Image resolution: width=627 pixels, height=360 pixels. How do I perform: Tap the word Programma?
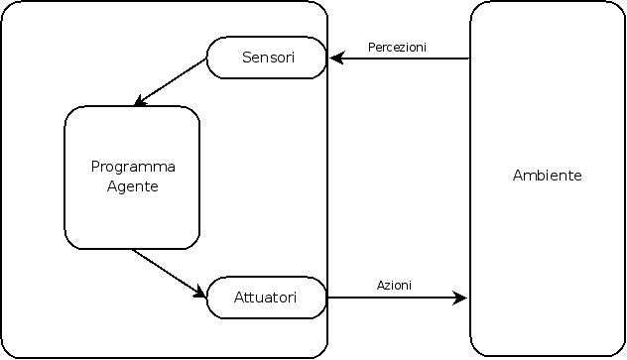(133, 167)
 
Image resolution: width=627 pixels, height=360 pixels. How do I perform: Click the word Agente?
(133, 187)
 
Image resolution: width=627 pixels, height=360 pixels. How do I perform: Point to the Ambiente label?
(547, 176)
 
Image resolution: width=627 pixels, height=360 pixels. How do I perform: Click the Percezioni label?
(397, 48)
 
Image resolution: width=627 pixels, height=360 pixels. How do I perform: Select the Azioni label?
(394, 286)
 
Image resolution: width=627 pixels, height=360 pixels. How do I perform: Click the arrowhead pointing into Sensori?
(336, 58)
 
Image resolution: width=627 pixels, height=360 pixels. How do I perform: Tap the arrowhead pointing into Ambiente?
(459, 298)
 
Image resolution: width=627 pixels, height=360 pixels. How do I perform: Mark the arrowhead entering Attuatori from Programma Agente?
(199, 292)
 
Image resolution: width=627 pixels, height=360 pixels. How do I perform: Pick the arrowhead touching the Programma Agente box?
(140, 101)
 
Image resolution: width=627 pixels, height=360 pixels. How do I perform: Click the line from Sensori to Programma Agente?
(171, 82)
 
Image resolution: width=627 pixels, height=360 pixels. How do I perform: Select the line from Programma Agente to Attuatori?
(170, 274)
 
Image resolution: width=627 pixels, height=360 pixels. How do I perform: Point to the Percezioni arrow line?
(400, 59)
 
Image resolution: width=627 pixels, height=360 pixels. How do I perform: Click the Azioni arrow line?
(397, 298)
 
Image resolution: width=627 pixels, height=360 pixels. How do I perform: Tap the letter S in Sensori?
(247, 58)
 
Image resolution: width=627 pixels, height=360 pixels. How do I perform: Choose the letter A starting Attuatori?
(239, 298)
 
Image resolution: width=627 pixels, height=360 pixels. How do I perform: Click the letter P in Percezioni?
(371, 48)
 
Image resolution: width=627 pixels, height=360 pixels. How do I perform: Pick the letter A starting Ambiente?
(518, 176)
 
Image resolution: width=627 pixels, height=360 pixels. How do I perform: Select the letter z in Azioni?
(387, 287)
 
